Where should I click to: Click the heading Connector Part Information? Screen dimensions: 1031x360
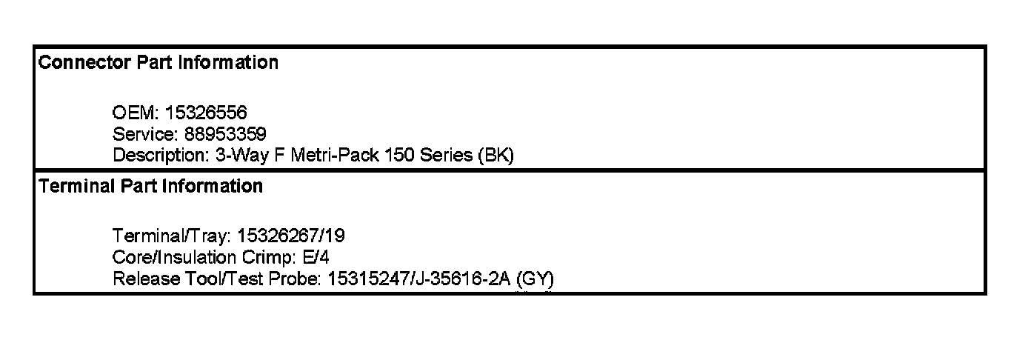point(158,63)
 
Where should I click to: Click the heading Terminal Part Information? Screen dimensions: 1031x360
point(150,187)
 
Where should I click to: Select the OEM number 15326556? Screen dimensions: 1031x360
point(206,113)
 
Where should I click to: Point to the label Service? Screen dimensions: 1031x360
point(145,135)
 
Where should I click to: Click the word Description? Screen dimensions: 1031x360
point(156,156)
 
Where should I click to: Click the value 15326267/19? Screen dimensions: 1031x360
point(291,236)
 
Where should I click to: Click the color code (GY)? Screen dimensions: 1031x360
point(535,279)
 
